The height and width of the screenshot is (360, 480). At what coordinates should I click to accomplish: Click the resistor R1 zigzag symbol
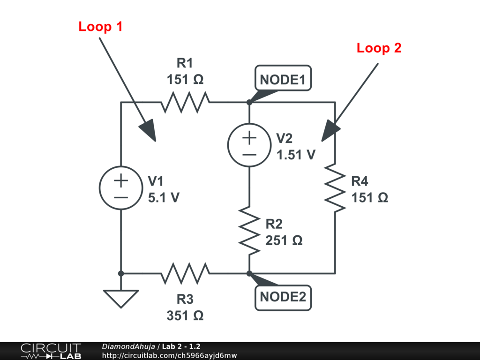[x=185, y=102]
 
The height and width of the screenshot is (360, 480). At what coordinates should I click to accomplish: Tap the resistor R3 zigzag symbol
[x=185, y=273]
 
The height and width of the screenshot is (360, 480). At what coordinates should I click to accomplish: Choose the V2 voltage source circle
[x=249, y=144]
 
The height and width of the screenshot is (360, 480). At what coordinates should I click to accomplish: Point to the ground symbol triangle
[x=120, y=298]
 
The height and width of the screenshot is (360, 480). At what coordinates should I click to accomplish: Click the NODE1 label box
[x=283, y=80]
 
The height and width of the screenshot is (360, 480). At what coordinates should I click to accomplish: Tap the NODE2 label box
[x=283, y=297]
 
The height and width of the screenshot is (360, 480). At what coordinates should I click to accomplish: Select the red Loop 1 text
[x=100, y=27]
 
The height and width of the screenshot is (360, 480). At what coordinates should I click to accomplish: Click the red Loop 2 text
[x=379, y=48]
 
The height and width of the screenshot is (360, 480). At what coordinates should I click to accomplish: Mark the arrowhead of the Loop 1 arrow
[x=150, y=132]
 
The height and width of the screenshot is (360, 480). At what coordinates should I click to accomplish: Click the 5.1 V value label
[x=164, y=198]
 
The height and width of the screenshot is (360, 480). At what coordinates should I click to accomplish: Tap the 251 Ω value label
[x=284, y=240]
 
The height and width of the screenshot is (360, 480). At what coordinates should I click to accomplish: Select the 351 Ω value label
[x=185, y=315]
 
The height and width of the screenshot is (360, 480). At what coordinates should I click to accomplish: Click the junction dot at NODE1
[x=249, y=102]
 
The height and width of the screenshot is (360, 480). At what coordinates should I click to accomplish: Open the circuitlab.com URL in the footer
[x=169, y=355]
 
